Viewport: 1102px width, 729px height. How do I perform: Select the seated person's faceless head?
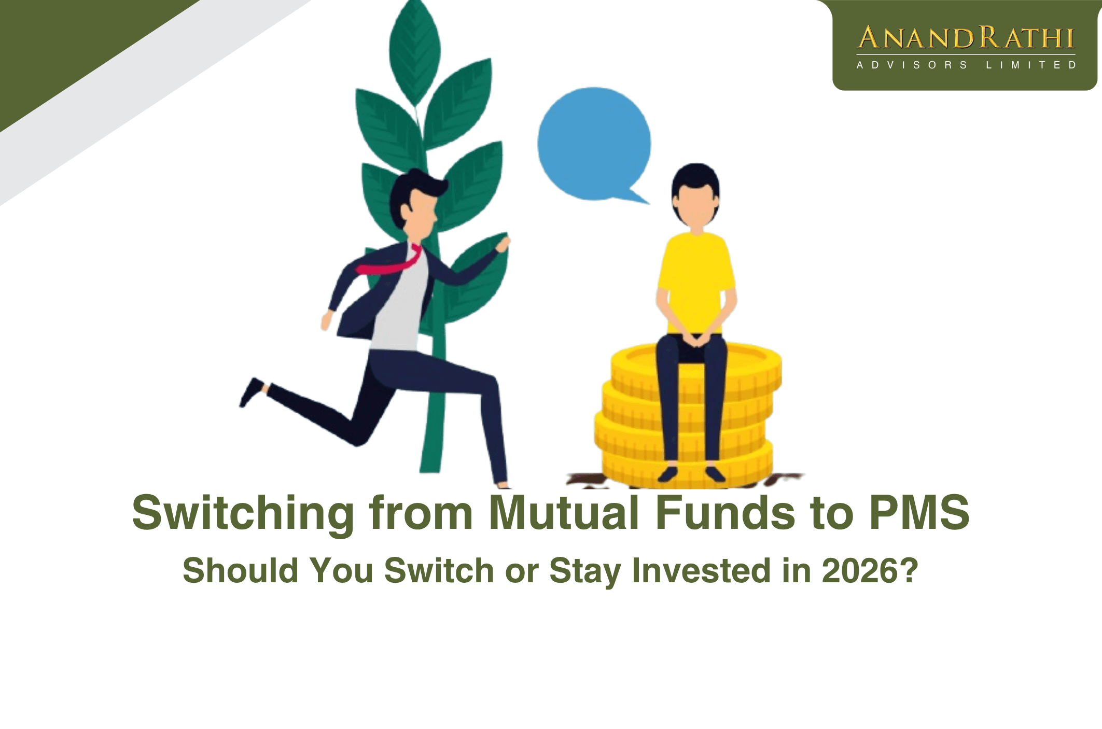pos(695,194)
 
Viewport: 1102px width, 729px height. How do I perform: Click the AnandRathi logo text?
pos(965,38)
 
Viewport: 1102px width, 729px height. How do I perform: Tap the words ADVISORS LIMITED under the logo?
pos(965,65)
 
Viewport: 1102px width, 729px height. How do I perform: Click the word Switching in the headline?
pos(243,513)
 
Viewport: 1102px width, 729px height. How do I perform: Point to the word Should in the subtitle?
pos(241,570)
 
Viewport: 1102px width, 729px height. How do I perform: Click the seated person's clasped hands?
pos(695,340)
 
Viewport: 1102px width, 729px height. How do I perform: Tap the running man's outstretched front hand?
pos(503,244)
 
